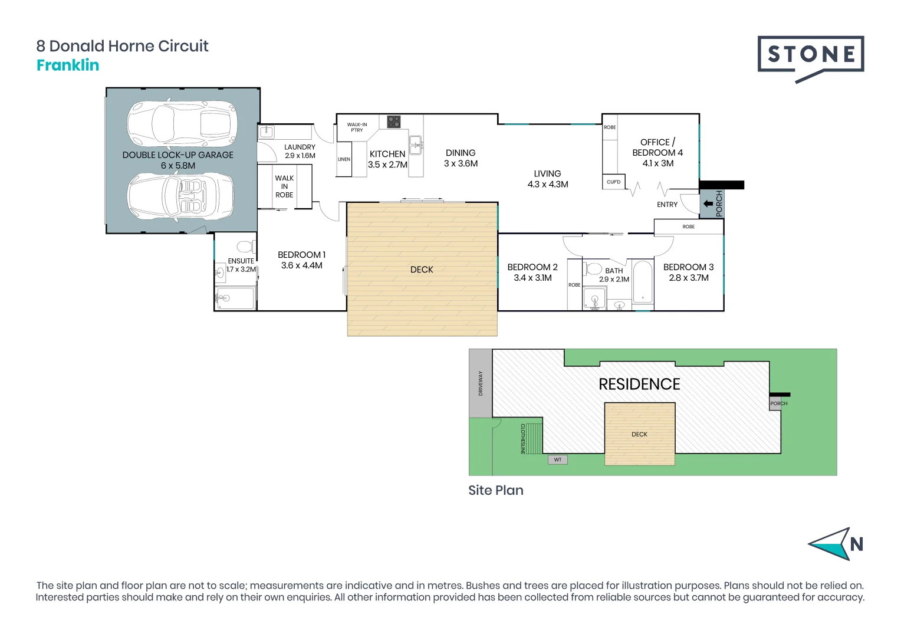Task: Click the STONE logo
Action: [x=811, y=57]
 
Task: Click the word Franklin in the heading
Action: [x=68, y=65]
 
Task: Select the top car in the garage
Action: [x=182, y=123]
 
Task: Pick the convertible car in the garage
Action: [x=181, y=196]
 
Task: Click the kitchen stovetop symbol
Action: [x=393, y=122]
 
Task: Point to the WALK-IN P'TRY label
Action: [x=357, y=127]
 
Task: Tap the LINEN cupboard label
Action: [x=344, y=159]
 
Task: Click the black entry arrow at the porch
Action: [x=708, y=204]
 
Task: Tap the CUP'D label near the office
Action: [x=613, y=182]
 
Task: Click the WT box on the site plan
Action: [x=558, y=459]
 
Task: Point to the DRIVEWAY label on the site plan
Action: [x=481, y=383]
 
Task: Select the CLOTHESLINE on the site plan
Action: [x=532, y=438]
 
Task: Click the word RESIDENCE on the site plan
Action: [x=639, y=385]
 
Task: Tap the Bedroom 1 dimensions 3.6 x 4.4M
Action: [x=301, y=266]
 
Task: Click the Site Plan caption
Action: [x=495, y=491]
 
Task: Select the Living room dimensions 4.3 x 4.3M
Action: [x=547, y=185]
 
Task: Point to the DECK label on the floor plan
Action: [x=422, y=270]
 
